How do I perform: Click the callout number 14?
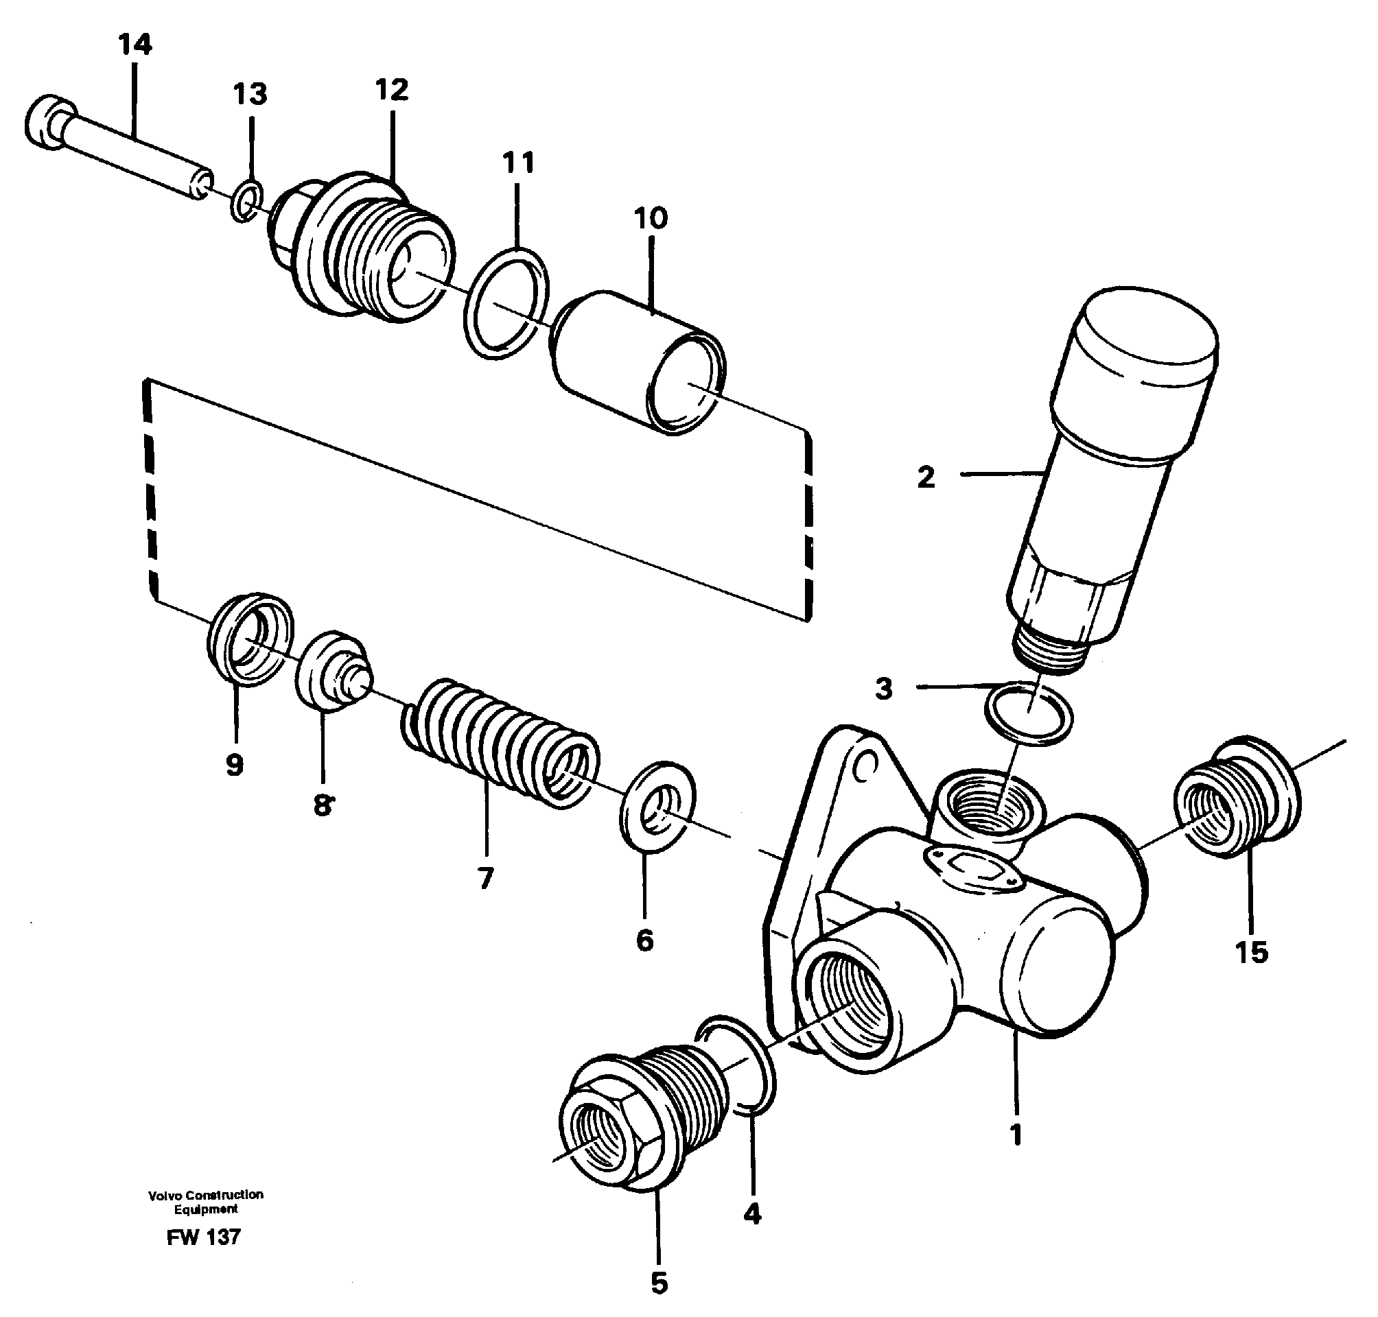pyautogui.click(x=134, y=45)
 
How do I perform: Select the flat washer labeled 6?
pyautogui.click(x=657, y=806)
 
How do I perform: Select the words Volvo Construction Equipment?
pyautogui.click(x=206, y=1201)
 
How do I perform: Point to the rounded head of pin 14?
pyautogui.click(x=50, y=123)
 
